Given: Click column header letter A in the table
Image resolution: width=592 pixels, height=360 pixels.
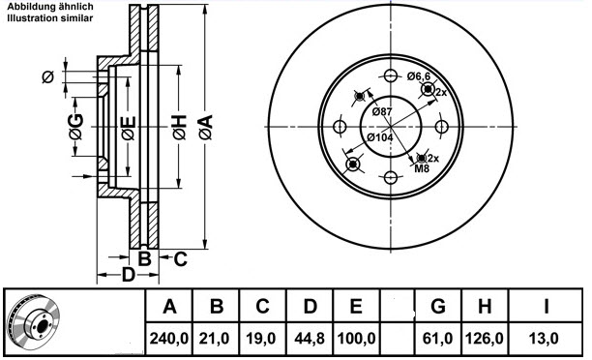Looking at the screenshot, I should pyautogui.click(x=170, y=308).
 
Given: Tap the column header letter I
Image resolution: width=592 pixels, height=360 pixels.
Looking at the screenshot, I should pyautogui.click(x=547, y=308).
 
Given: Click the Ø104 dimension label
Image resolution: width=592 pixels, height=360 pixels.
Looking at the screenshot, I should pyautogui.click(x=380, y=138).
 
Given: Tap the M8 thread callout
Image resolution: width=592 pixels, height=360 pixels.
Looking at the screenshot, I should pyautogui.click(x=422, y=169).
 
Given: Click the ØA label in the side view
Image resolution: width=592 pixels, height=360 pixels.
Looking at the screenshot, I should pyautogui.click(x=205, y=126).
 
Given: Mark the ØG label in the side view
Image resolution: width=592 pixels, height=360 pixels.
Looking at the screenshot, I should pyautogui.click(x=74, y=125).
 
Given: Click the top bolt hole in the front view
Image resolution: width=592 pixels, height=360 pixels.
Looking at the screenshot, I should pyautogui.click(x=390, y=77).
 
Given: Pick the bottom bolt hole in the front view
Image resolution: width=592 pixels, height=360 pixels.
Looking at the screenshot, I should pyautogui.click(x=390, y=176).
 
